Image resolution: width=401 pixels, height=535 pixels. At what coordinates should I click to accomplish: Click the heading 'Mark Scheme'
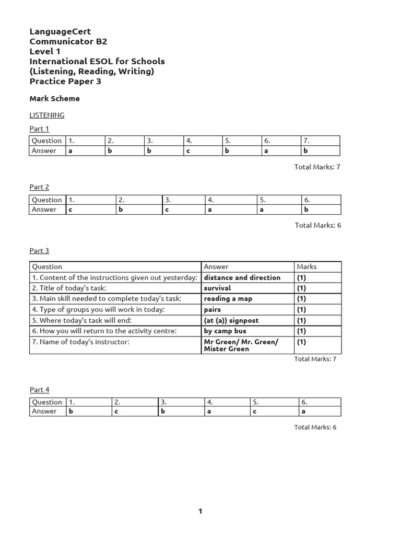point(55,98)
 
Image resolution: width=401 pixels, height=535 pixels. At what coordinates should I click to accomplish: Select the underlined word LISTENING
point(47,115)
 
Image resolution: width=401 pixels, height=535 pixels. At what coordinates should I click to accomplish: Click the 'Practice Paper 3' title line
point(65,81)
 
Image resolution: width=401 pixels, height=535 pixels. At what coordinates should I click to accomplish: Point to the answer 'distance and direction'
point(242,277)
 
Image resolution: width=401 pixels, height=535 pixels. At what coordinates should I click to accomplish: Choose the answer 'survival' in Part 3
point(217,288)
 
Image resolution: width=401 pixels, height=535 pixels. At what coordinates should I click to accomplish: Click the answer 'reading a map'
point(228,299)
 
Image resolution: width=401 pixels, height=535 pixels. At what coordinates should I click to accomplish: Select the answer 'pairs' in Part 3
point(213,309)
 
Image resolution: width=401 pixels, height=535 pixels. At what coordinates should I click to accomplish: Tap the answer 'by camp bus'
point(225,331)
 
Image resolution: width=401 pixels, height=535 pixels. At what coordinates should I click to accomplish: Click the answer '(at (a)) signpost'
point(231,320)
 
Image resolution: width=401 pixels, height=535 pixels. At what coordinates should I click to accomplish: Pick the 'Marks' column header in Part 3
point(306,266)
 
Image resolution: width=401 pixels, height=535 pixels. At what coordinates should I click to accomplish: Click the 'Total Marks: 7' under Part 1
point(317,167)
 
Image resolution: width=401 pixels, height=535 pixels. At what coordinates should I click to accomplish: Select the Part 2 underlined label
point(39,187)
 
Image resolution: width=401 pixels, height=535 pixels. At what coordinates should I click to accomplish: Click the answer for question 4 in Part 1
point(188,151)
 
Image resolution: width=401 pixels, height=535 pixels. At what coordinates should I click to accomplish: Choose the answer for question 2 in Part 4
point(116,412)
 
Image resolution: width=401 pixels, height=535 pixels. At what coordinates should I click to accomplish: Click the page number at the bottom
point(200,511)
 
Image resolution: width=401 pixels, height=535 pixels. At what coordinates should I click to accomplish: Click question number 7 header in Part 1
point(306,141)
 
